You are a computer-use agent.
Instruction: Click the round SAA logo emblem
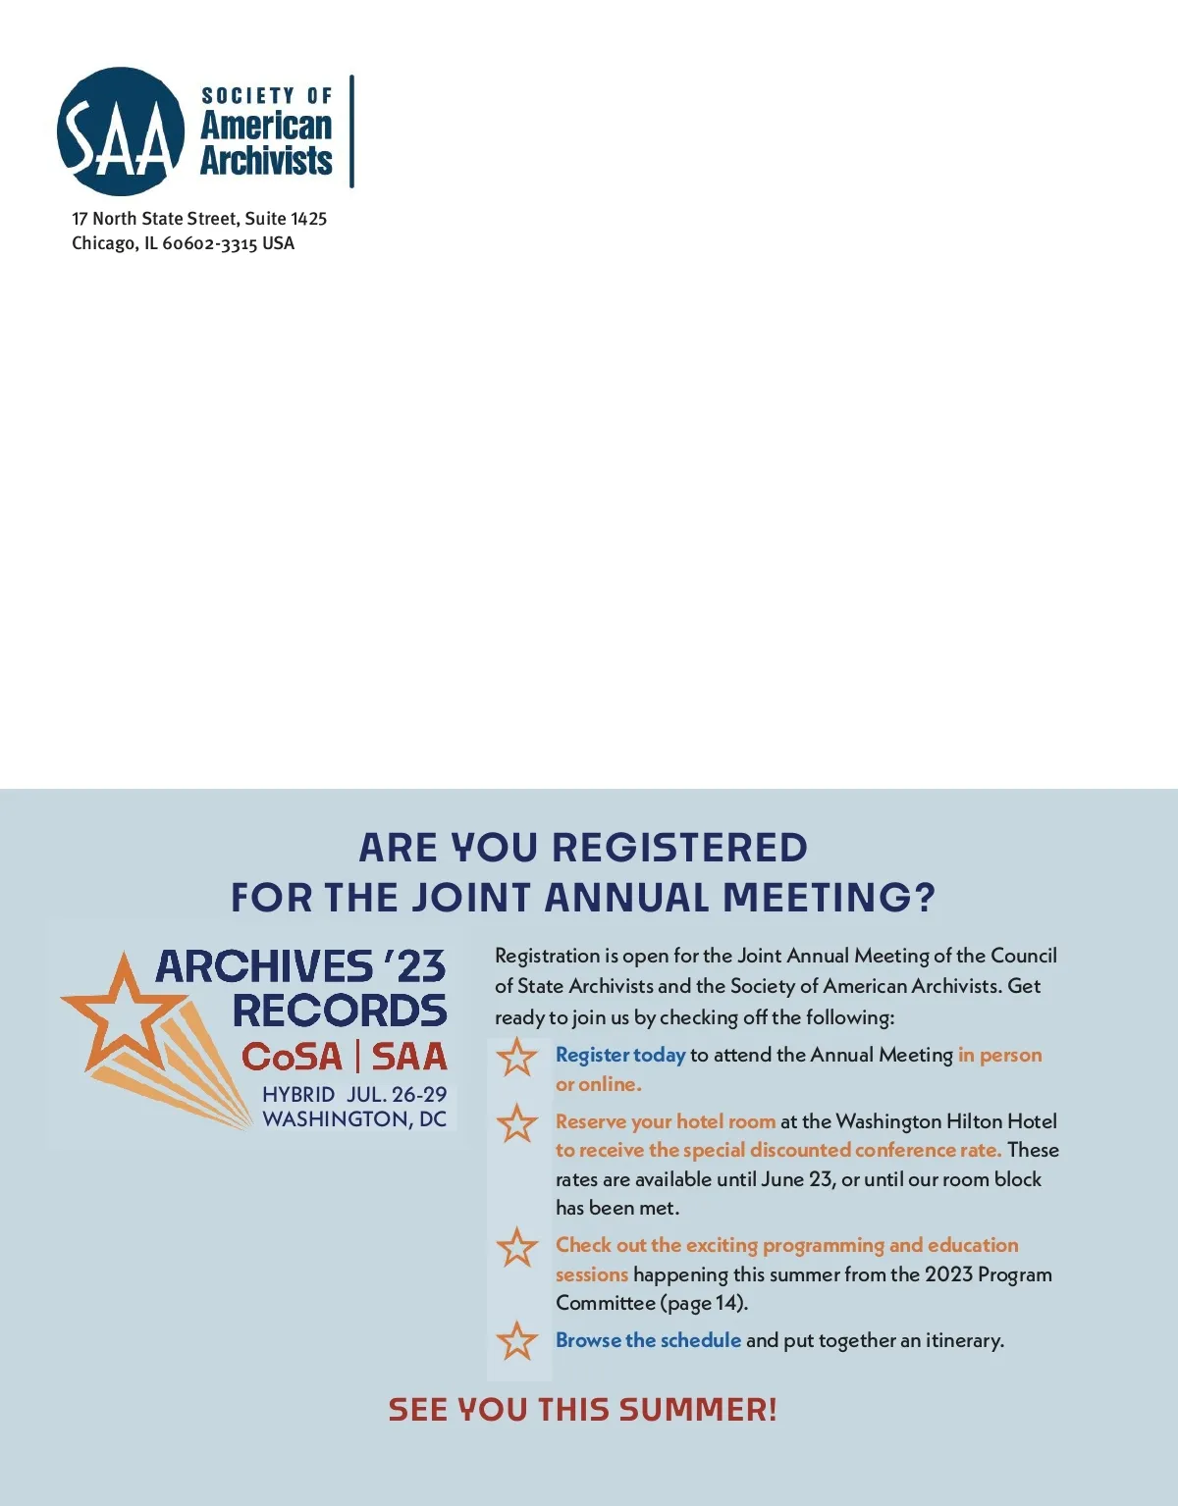121,131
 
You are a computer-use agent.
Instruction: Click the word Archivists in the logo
266,160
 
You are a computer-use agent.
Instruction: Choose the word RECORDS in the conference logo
340,1011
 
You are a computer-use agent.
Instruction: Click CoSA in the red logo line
292,1057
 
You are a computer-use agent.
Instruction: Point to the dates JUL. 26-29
397,1094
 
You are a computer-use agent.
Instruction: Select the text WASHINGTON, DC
353,1119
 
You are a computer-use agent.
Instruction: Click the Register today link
620,1055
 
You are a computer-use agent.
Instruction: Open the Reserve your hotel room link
666,1121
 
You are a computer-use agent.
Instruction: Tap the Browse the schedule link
648,1340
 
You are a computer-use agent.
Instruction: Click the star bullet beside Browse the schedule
517,1341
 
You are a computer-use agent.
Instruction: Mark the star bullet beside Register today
517,1058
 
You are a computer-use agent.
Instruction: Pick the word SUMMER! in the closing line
698,1410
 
